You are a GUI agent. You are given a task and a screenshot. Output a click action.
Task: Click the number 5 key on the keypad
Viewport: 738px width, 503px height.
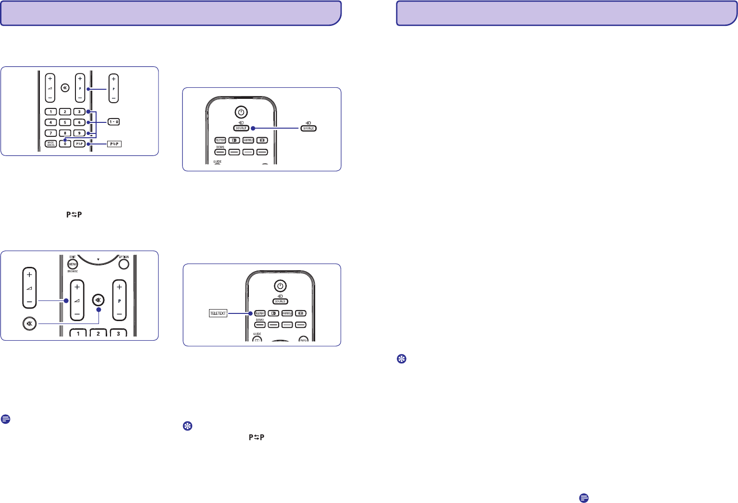tap(65, 122)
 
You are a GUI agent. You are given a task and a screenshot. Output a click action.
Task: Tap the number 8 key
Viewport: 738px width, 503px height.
tap(65, 133)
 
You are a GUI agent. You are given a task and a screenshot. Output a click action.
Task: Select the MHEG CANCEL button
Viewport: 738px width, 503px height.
tap(50, 144)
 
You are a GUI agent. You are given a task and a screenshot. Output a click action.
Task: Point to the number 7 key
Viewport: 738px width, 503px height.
tap(50, 133)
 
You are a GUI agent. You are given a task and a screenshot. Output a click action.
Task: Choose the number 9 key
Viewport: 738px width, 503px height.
tap(79, 133)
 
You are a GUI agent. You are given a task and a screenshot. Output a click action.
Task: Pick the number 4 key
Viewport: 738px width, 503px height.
tap(50, 122)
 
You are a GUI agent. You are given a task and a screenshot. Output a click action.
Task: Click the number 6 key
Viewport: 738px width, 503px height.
tap(79, 122)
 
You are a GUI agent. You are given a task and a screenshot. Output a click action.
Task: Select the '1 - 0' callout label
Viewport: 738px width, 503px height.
tap(113, 122)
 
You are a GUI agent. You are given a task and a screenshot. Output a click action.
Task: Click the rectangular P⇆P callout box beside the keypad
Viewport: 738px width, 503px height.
tap(114, 144)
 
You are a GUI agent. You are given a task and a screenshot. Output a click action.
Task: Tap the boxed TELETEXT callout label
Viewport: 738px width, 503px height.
tap(218, 313)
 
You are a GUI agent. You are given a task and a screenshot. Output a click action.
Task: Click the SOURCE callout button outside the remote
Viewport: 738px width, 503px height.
tap(308, 128)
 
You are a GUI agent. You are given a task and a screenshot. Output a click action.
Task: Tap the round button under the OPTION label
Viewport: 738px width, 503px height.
tap(123, 263)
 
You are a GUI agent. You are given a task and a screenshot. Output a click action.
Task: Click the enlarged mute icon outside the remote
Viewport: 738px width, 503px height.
tap(30, 323)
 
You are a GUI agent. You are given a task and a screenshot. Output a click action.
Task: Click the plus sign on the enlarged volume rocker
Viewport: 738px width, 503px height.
tap(29, 275)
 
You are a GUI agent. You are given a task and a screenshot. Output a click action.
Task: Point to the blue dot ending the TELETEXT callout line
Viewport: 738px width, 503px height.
tap(251, 313)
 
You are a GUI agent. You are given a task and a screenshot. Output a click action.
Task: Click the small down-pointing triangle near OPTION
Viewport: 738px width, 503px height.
tap(98, 260)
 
